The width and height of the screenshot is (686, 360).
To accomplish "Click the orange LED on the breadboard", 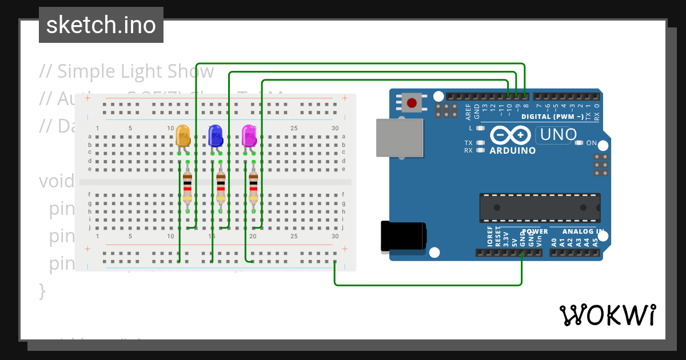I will coord(183,136).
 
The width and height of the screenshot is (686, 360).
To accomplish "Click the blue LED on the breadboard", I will coord(216,136).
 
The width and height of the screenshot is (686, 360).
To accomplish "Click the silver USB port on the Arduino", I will coord(399,138).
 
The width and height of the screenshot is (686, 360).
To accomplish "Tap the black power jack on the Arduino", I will coord(404,237).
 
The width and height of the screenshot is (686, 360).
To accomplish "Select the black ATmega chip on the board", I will coord(540,208).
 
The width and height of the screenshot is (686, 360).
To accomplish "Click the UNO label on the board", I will coord(555,135).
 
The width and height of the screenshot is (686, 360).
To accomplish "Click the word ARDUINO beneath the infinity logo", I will coord(513,151).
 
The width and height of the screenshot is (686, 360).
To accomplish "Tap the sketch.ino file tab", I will coord(101,25).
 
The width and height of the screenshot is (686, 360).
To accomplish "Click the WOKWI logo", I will coord(607,315).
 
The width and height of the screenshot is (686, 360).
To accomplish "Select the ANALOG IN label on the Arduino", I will coord(583,231).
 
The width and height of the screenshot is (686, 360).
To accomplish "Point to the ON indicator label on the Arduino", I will coord(591,143).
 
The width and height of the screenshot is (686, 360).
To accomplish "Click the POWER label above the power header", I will coord(535,231).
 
